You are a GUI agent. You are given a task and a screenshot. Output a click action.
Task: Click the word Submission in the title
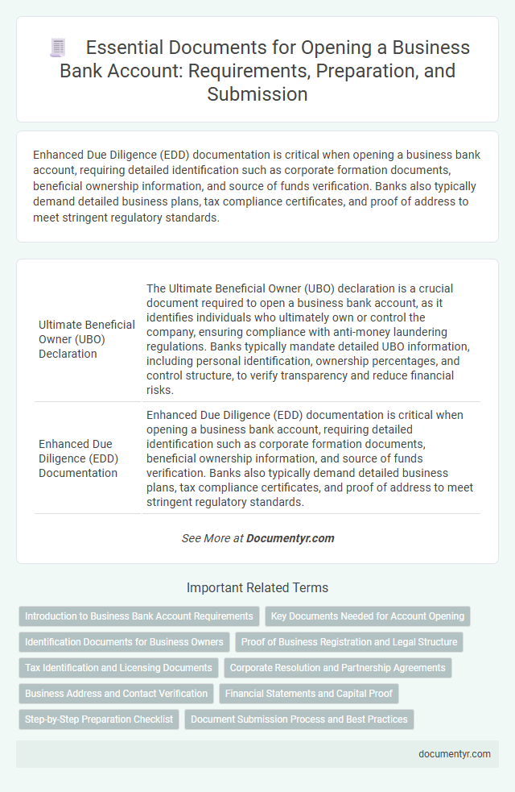point(257,93)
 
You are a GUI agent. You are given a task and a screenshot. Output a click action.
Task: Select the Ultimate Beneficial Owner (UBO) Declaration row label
point(87,339)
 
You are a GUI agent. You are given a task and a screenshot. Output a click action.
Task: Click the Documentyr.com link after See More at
point(290,538)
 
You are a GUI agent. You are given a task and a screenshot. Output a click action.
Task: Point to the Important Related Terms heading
point(257,587)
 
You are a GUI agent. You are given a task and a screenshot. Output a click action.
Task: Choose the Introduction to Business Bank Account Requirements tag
point(139,616)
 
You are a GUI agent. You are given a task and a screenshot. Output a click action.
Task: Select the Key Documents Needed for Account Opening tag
point(368,616)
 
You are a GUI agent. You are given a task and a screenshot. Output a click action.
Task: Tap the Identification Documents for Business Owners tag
point(124,642)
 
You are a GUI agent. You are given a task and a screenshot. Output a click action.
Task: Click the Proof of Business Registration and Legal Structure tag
point(349,642)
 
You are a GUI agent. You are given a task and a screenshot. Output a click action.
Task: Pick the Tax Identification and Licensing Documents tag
point(118,668)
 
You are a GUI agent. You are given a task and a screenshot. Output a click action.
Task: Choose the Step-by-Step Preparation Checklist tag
point(99,719)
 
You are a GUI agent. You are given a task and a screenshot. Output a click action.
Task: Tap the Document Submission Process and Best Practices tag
point(299,719)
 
